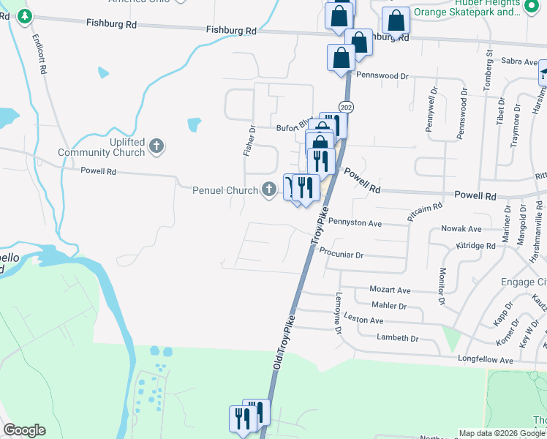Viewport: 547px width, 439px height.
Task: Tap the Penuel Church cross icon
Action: (x=269, y=190)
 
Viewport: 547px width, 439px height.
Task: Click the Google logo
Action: (x=24, y=430)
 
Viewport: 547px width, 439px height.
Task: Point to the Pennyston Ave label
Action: (x=355, y=222)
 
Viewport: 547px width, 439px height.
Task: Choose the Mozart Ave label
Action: (x=391, y=290)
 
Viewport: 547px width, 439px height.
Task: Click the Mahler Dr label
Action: (x=388, y=306)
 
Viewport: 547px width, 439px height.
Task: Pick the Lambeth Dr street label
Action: (x=397, y=338)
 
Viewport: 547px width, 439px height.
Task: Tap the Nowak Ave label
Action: (x=461, y=229)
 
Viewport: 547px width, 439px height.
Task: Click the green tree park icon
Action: (x=25, y=16)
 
